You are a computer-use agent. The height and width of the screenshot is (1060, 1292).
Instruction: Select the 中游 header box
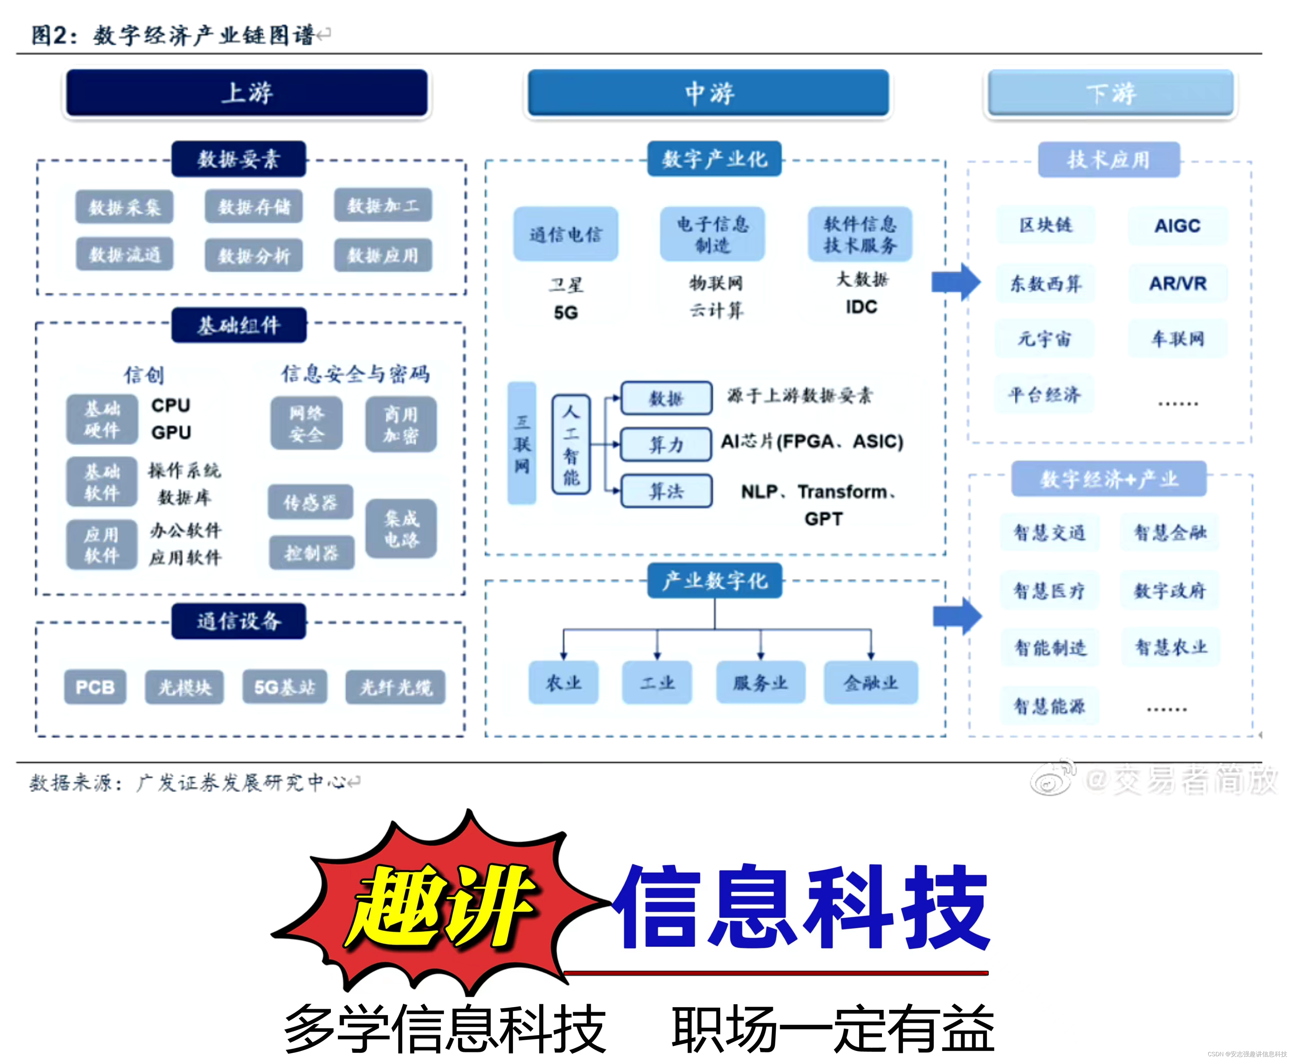coord(708,93)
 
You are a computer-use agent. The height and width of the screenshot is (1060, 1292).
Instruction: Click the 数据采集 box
coord(125,207)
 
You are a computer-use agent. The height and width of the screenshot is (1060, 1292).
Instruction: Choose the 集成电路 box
coord(401,529)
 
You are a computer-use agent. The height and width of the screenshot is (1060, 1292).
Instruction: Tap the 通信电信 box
coord(565,234)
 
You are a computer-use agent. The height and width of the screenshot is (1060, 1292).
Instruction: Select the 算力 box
coord(666,444)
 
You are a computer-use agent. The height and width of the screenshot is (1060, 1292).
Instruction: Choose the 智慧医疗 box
coord(1049,590)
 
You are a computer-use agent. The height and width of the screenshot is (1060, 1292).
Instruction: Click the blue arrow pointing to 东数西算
coord(955,282)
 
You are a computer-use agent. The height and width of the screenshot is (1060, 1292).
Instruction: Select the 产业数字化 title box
coord(714,581)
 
